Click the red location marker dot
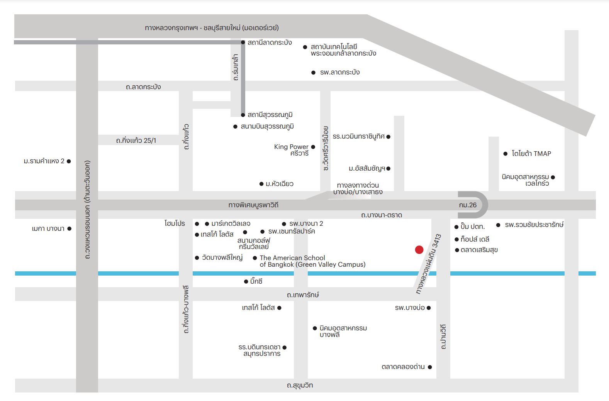(419, 250)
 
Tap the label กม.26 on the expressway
(468, 205)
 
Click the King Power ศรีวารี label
(291, 150)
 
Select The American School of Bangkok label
(312, 261)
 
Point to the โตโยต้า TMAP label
(531, 154)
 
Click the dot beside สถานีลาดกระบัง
(243, 42)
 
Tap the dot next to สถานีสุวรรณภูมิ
(243, 115)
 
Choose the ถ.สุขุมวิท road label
(300, 385)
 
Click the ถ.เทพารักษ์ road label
(303, 295)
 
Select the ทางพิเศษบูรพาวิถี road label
(253, 205)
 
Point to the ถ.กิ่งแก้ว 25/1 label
(136, 140)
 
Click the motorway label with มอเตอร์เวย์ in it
(212, 28)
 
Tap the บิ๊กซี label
(256, 281)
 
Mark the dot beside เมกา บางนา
(70, 229)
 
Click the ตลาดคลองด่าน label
(403, 367)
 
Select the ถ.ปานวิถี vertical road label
(443, 337)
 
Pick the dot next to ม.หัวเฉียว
(261, 184)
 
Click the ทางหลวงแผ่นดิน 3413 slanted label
(429, 264)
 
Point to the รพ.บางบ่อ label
(410, 308)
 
